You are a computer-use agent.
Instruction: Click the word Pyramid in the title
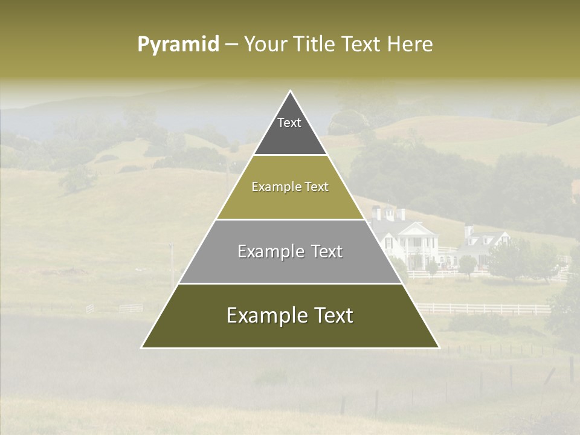click(x=178, y=45)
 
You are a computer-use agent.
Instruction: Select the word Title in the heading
click(x=317, y=45)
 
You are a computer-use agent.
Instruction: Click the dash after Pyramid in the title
click(x=231, y=45)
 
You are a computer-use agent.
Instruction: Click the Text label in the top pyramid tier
click(x=289, y=123)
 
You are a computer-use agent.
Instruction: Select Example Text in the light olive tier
click(x=290, y=187)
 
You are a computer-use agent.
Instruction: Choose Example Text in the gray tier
click(x=290, y=251)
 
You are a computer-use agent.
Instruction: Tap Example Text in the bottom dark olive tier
click(x=290, y=315)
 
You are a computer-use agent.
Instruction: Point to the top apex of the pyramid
click(x=291, y=91)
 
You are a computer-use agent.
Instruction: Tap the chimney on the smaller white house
click(x=469, y=231)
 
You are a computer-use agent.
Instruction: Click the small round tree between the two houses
click(x=467, y=263)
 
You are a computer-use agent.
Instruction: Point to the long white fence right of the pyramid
click(x=483, y=309)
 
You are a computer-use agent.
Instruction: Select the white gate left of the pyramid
click(x=130, y=308)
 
